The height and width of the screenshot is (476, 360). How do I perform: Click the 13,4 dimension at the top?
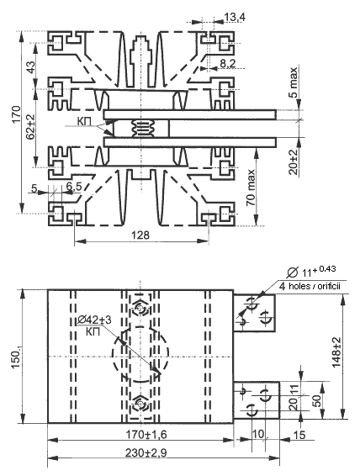coord(235,17)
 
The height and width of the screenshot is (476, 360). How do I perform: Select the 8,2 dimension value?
coord(228,63)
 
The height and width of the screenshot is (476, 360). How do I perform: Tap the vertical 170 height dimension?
coord(17,114)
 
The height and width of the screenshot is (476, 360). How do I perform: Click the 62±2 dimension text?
coord(30,127)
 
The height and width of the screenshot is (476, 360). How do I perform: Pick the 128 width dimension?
coord(140,235)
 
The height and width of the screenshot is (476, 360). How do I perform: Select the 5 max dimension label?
coord(294,82)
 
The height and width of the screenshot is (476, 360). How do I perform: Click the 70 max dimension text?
coord(251,188)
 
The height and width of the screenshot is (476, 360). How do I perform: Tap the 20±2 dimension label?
coord(294,161)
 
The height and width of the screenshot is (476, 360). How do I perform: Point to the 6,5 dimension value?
coord(74,187)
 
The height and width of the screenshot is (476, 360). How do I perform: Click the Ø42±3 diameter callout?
coord(94,320)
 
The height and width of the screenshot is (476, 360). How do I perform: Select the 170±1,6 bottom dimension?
coord(146,435)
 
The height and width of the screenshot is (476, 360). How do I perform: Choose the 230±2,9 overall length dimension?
coord(146,453)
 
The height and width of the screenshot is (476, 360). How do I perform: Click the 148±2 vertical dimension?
coord(336,352)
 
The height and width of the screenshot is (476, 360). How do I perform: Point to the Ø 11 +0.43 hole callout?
coord(311,271)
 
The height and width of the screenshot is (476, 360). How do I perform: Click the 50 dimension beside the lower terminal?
coord(316,400)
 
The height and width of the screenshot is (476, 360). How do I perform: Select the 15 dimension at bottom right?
coord(299,435)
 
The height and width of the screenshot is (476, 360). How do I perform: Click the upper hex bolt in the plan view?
coord(140,309)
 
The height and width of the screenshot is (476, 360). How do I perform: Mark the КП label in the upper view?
coord(84,121)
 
